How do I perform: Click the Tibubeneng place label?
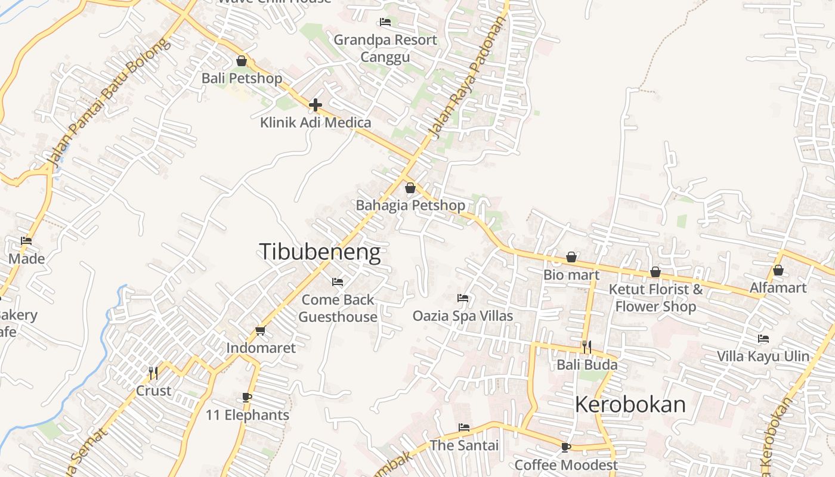pos(320,252)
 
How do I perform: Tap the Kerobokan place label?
pos(630,404)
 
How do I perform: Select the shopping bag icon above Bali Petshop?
pos(242,61)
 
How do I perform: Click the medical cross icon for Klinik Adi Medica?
pos(316,106)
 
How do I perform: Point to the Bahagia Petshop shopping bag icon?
pos(410,188)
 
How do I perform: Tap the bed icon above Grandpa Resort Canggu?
pos(385,23)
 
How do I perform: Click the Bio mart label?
pos(571,275)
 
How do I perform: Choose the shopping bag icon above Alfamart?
pos(778,271)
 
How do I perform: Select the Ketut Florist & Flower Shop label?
pos(655,298)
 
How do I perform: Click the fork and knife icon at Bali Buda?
pos(587,347)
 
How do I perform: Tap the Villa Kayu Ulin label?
pos(763,357)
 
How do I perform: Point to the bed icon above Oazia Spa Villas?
pos(463,298)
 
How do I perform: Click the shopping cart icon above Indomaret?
pos(260,330)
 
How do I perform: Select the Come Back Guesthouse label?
pos(338,308)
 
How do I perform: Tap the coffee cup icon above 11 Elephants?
pos(247,398)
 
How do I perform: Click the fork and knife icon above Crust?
pos(153,373)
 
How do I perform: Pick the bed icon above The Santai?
pos(464,428)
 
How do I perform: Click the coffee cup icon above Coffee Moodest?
pos(565,447)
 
